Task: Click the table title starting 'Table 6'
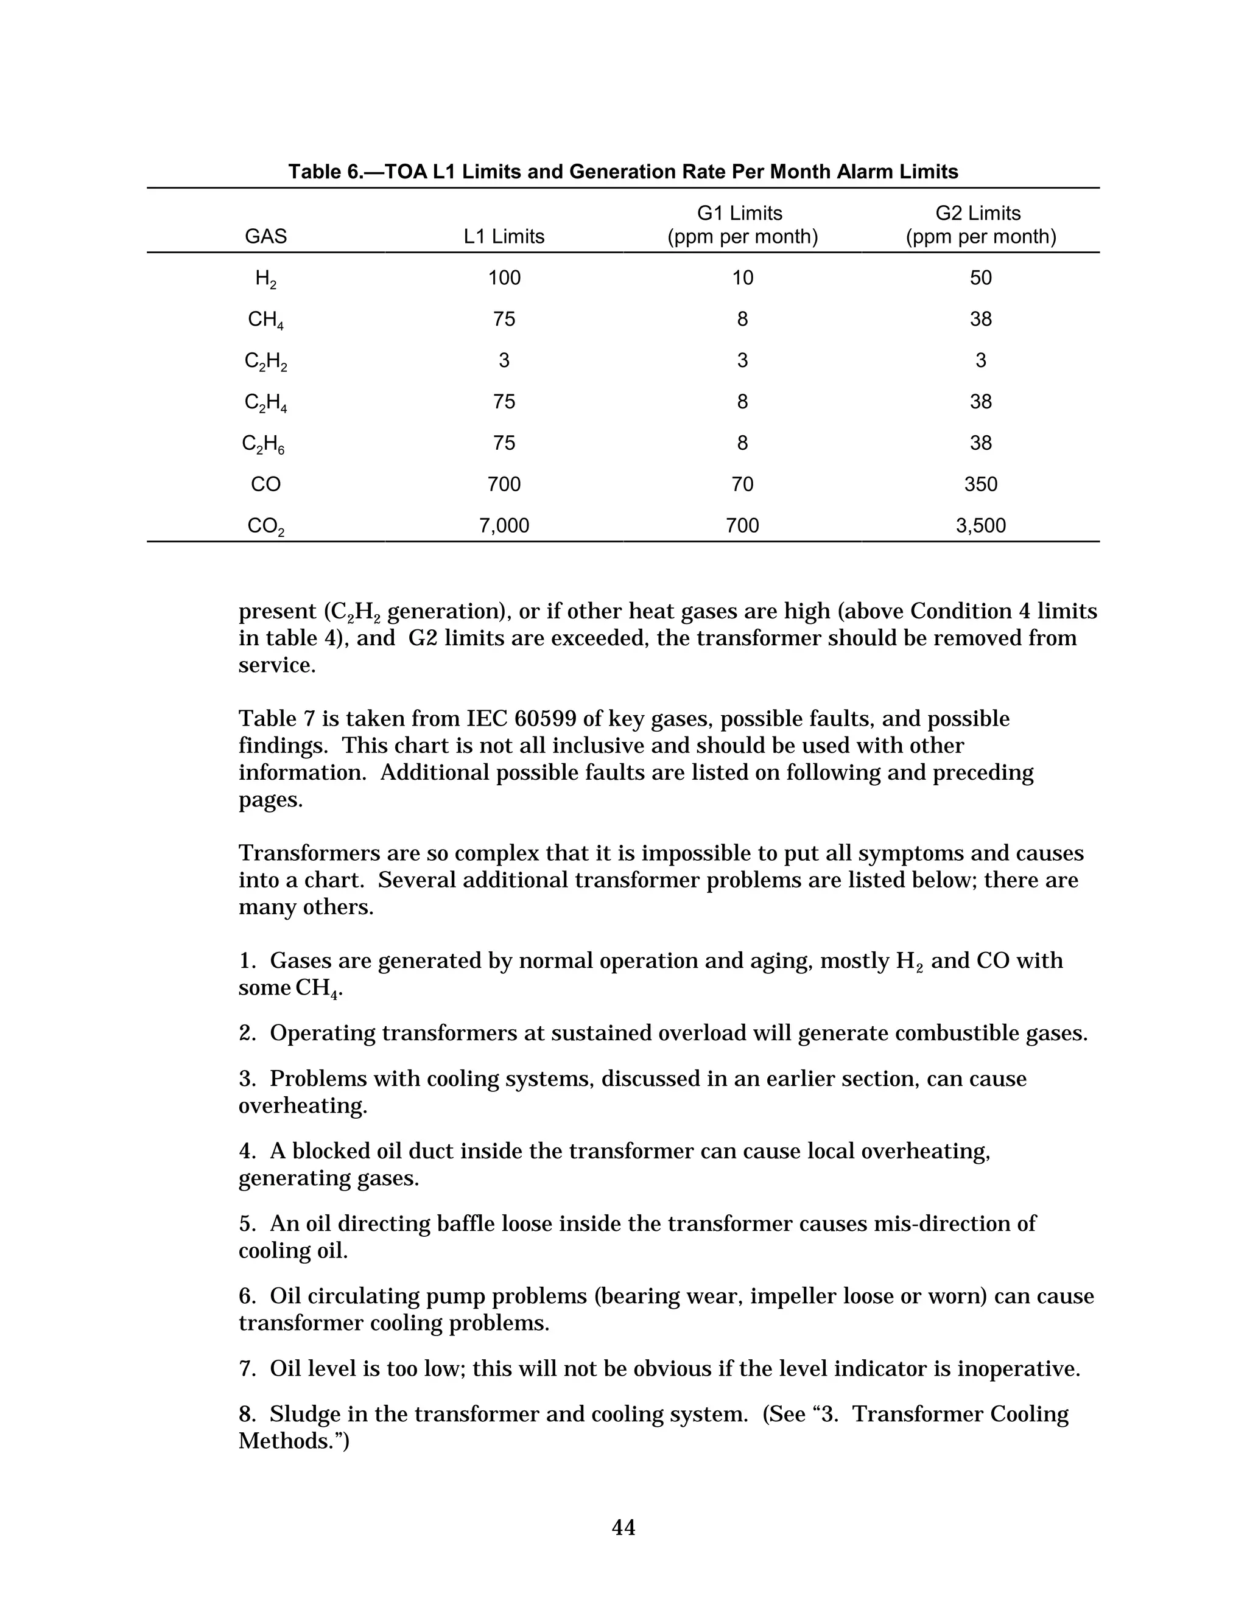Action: click(623, 172)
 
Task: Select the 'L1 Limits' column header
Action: click(504, 236)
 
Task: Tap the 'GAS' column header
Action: click(265, 236)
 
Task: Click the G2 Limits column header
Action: click(980, 225)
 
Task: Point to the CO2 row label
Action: click(265, 527)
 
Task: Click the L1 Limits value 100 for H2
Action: click(504, 278)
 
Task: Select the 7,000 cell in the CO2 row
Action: click(504, 525)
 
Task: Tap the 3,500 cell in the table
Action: click(980, 525)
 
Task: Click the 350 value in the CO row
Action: click(980, 484)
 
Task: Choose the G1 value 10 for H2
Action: click(742, 278)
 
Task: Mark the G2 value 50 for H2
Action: click(980, 278)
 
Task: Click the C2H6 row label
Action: click(264, 444)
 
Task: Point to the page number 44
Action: click(623, 1527)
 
